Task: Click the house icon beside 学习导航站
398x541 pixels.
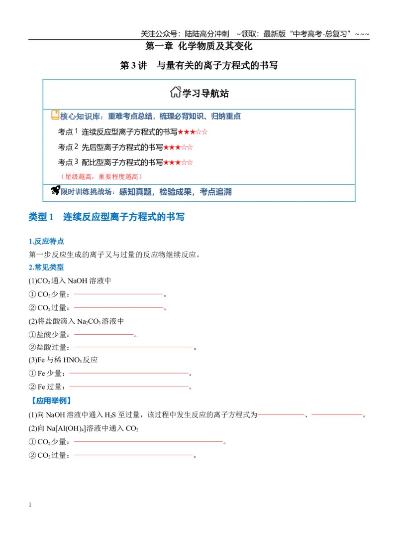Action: pos(175,92)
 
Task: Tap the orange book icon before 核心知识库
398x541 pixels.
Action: pos(55,115)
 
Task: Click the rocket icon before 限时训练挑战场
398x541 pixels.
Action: pos(55,190)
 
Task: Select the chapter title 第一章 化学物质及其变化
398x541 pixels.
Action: pos(199,46)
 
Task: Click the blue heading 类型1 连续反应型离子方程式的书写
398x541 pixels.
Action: pos(106,217)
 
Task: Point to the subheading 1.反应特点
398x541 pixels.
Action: pos(46,241)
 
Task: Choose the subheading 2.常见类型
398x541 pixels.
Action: pos(46,267)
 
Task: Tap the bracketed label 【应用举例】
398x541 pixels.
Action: pos(51,401)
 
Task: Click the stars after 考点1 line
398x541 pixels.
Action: pos(193,132)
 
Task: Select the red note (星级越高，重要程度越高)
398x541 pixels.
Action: pos(101,177)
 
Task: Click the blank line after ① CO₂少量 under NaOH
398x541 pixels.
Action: pos(118,294)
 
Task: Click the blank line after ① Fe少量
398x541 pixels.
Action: pos(129,373)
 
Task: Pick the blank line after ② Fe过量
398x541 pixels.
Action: pos(129,387)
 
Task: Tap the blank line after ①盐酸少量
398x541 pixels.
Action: pos(103,334)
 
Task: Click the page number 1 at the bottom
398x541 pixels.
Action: pos(30,505)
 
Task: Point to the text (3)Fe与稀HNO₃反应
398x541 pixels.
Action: pos(63,360)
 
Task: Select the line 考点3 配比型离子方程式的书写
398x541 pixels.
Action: pos(110,162)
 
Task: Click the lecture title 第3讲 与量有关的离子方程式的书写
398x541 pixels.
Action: pos(199,65)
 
